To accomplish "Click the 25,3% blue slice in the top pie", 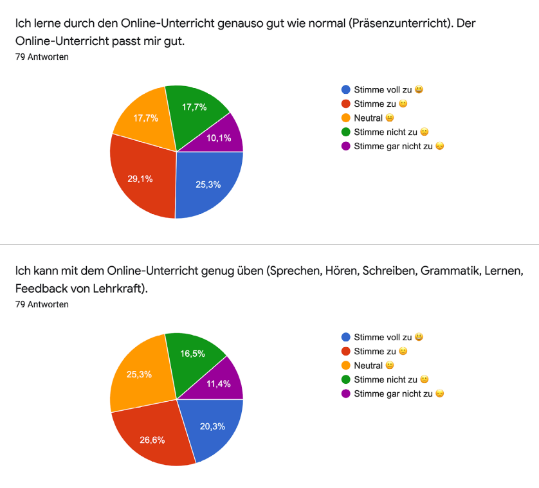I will point(207,183).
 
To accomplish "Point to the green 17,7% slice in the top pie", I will point(194,108).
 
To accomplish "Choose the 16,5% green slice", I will point(194,355).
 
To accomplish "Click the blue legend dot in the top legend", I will point(346,89).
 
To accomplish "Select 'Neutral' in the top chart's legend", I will point(368,118).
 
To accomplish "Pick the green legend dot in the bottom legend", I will point(346,379).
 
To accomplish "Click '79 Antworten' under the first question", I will point(42,57).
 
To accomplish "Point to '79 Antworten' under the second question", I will point(42,304).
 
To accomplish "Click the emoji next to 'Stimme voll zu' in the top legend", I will point(419,89).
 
